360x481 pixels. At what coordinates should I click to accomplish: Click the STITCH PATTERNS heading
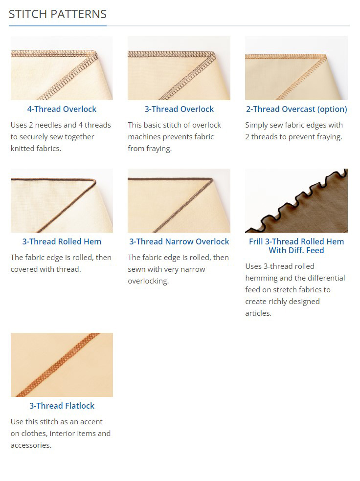click(58, 14)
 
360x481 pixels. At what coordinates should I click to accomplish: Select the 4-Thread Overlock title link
click(62, 109)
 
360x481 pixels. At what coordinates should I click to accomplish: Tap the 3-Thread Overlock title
click(179, 109)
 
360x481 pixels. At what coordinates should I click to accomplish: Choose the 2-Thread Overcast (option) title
click(296, 109)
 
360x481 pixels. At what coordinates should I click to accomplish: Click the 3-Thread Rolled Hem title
click(62, 242)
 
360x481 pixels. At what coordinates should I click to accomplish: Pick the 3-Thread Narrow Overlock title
click(179, 242)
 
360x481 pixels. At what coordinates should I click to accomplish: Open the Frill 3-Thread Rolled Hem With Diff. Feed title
click(296, 246)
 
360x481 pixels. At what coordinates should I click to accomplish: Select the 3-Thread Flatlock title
click(62, 406)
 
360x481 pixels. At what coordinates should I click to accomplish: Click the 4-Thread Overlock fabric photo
click(62, 68)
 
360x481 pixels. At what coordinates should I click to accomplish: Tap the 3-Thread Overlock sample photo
click(179, 68)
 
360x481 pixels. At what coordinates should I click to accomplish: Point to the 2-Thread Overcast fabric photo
click(296, 68)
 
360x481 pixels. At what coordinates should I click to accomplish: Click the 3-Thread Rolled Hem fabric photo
click(62, 200)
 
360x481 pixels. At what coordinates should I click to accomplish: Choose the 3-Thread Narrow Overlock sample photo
click(179, 200)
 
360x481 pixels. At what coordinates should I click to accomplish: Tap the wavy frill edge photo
click(296, 200)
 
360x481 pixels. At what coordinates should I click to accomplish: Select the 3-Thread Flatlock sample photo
click(62, 365)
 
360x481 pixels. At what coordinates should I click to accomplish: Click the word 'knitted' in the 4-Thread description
click(23, 149)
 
